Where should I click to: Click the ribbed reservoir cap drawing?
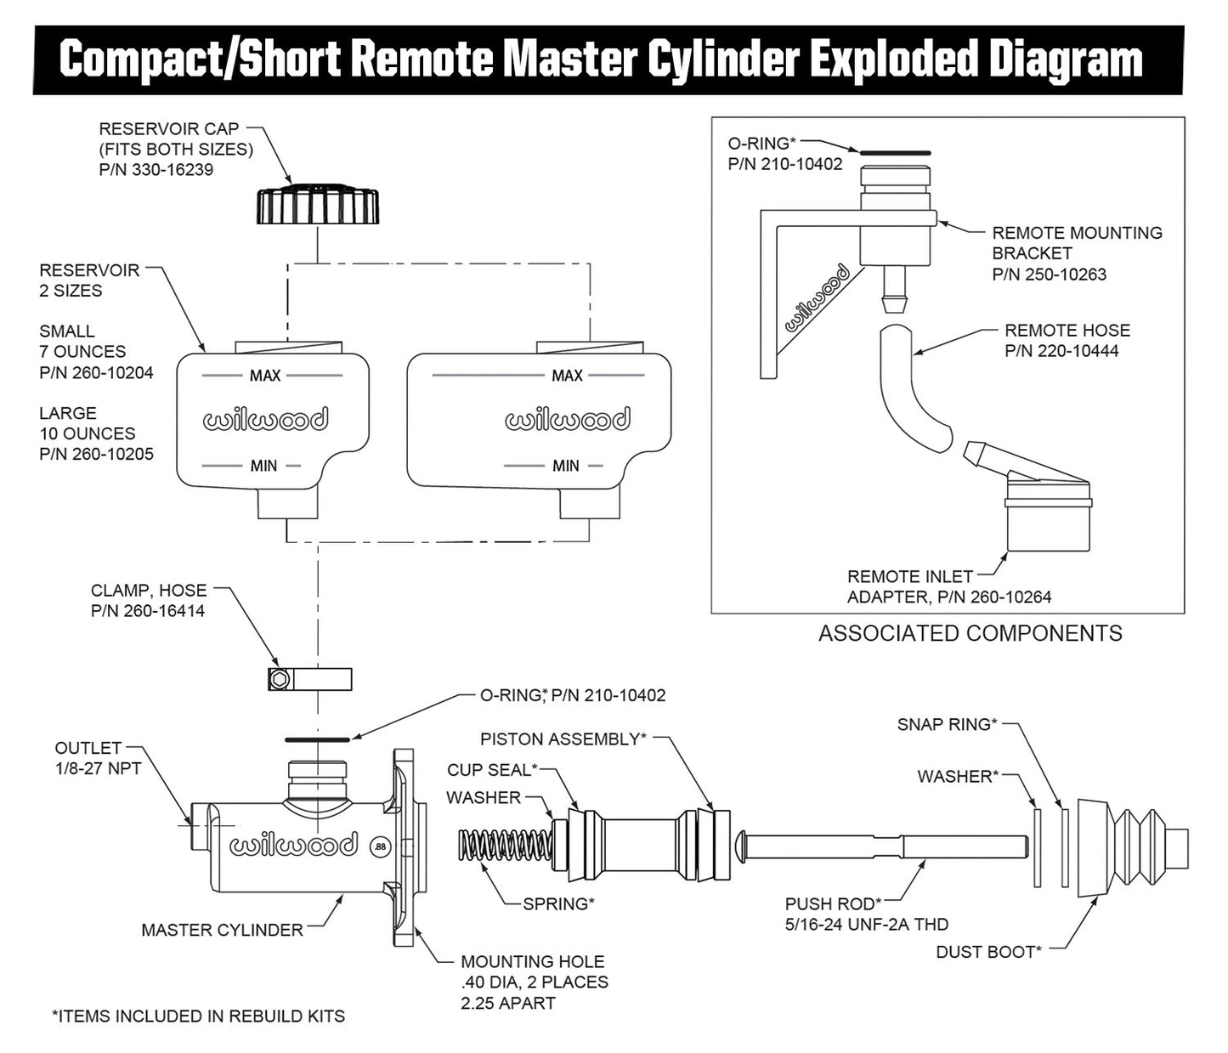point(317,205)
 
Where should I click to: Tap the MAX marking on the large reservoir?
point(567,376)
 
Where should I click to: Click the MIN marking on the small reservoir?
point(263,466)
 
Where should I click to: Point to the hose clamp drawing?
point(309,679)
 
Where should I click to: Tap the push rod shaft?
point(884,847)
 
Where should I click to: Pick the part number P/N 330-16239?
point(156,170)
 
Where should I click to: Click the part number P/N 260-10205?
point(96,454)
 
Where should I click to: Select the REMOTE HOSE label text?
point(1067,331)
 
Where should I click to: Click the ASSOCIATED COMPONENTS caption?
point(970,633)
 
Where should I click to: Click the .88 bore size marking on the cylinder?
point(380,846)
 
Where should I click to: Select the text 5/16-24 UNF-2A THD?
point(866,925)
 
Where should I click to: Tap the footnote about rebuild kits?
point(198,1016)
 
